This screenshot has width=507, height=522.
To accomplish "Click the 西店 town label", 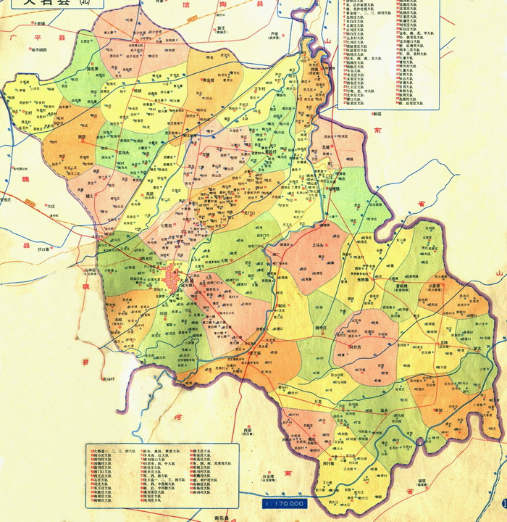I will coord(81,136).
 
